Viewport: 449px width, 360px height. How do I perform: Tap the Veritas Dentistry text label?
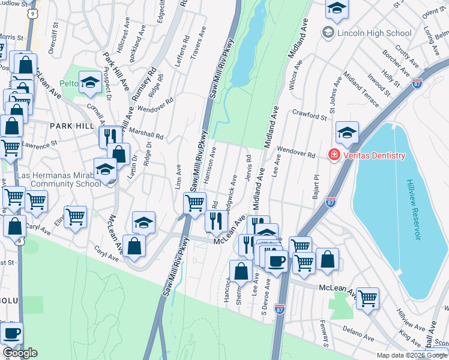(373, 156)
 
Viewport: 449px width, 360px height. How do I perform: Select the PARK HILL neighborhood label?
(72, 125)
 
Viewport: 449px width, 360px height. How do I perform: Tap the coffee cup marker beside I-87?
(276, 261)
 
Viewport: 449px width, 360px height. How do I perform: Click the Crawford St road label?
(310, 112)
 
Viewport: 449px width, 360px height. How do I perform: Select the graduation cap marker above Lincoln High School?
(337, 8)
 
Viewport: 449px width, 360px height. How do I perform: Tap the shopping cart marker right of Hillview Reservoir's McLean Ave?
(367, 298)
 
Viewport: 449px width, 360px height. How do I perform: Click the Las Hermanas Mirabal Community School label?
(59, 179)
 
